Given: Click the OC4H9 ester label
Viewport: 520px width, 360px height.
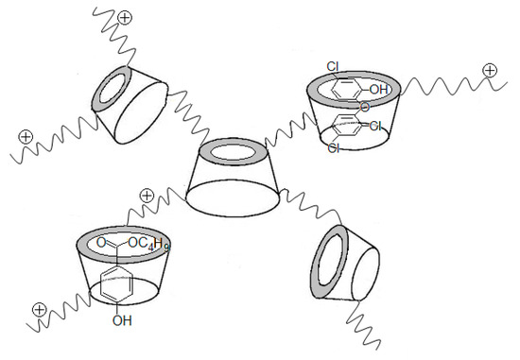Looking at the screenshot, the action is (148, 244).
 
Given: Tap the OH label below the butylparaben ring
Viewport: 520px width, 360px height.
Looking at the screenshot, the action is (122, 320).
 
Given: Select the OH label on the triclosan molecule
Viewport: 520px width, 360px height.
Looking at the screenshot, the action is (378, 89).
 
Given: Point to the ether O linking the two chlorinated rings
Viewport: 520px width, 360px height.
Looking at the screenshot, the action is (364, 107).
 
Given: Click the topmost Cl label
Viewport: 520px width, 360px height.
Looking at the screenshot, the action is (333, 67).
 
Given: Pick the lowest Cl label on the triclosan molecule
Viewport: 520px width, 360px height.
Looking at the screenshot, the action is (334, 147).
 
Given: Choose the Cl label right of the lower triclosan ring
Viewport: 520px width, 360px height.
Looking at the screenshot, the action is (375, 126).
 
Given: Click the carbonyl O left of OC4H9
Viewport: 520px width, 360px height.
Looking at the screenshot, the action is (101, 243).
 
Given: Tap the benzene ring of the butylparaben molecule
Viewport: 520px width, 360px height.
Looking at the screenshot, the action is (116, 283).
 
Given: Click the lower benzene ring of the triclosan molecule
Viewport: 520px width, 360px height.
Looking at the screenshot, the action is (347, 126).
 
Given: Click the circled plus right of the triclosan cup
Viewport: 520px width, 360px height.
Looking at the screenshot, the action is (490, 70).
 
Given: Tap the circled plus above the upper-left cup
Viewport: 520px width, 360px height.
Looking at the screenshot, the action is (125, 18).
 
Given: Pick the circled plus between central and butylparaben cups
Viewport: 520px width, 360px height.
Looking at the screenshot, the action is (147, 196).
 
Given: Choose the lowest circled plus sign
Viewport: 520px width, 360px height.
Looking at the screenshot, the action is (39, 309).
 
